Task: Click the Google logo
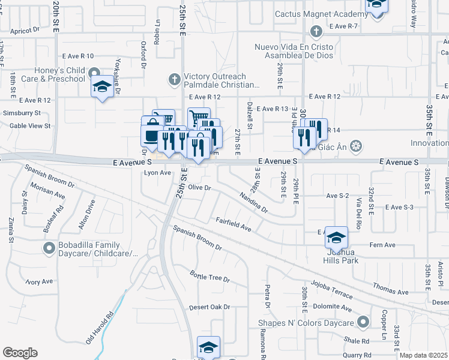click(20, 353)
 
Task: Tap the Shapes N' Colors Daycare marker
click(363, 322)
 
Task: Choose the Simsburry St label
click(21, 113)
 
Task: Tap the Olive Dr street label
click(200, 188)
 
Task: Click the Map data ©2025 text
click(423, 355)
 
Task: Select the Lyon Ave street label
click(158, 173)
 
